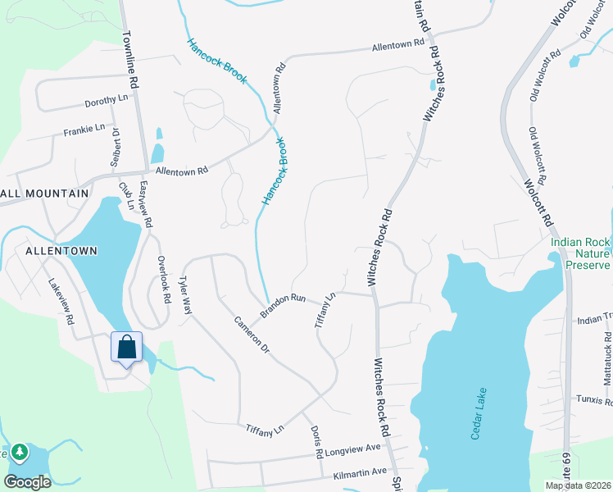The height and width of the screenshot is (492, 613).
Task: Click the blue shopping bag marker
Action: tap(127, 348)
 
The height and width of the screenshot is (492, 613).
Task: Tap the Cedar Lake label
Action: tap(479, 413)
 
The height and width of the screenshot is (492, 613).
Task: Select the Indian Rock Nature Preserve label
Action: tap(581, 253)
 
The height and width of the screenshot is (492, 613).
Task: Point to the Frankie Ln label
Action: tap(84, 130)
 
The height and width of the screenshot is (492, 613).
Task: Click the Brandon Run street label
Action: tap(283, 304)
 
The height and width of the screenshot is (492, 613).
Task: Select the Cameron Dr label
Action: tap(252, 336)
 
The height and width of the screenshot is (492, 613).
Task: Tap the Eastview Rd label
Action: tap(146, 205)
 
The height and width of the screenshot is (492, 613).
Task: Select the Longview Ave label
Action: tap(354, 450)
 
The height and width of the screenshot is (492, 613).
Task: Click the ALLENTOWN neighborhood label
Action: tap(61, 250)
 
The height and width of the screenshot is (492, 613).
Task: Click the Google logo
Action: tap(27, 482)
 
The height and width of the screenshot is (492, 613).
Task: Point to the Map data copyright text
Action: tap(578, 485)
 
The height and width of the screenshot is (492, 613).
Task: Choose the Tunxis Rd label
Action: tap(595, 400)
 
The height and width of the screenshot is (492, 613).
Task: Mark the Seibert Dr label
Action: tap(116, 144)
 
